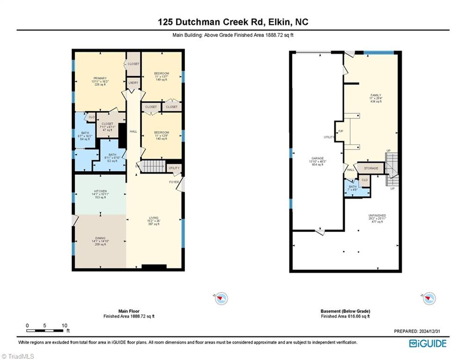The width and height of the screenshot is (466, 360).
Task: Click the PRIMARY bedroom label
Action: point(100,78)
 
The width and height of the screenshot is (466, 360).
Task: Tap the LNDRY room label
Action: point(133,82)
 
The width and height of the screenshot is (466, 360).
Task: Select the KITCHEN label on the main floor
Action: point(100,191)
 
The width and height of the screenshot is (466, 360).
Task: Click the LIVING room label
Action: point(154,218)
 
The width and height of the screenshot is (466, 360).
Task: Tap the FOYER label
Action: point(174,182)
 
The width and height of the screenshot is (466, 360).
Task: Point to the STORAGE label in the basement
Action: point(371,168)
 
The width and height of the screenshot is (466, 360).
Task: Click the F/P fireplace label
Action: point(340,131)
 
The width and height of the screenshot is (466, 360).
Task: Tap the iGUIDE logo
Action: point(428,344)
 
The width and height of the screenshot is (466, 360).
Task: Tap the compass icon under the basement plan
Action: point(429,298)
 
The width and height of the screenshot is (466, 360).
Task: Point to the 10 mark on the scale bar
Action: point(65,325)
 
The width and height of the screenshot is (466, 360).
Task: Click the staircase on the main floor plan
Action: point(153,166)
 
